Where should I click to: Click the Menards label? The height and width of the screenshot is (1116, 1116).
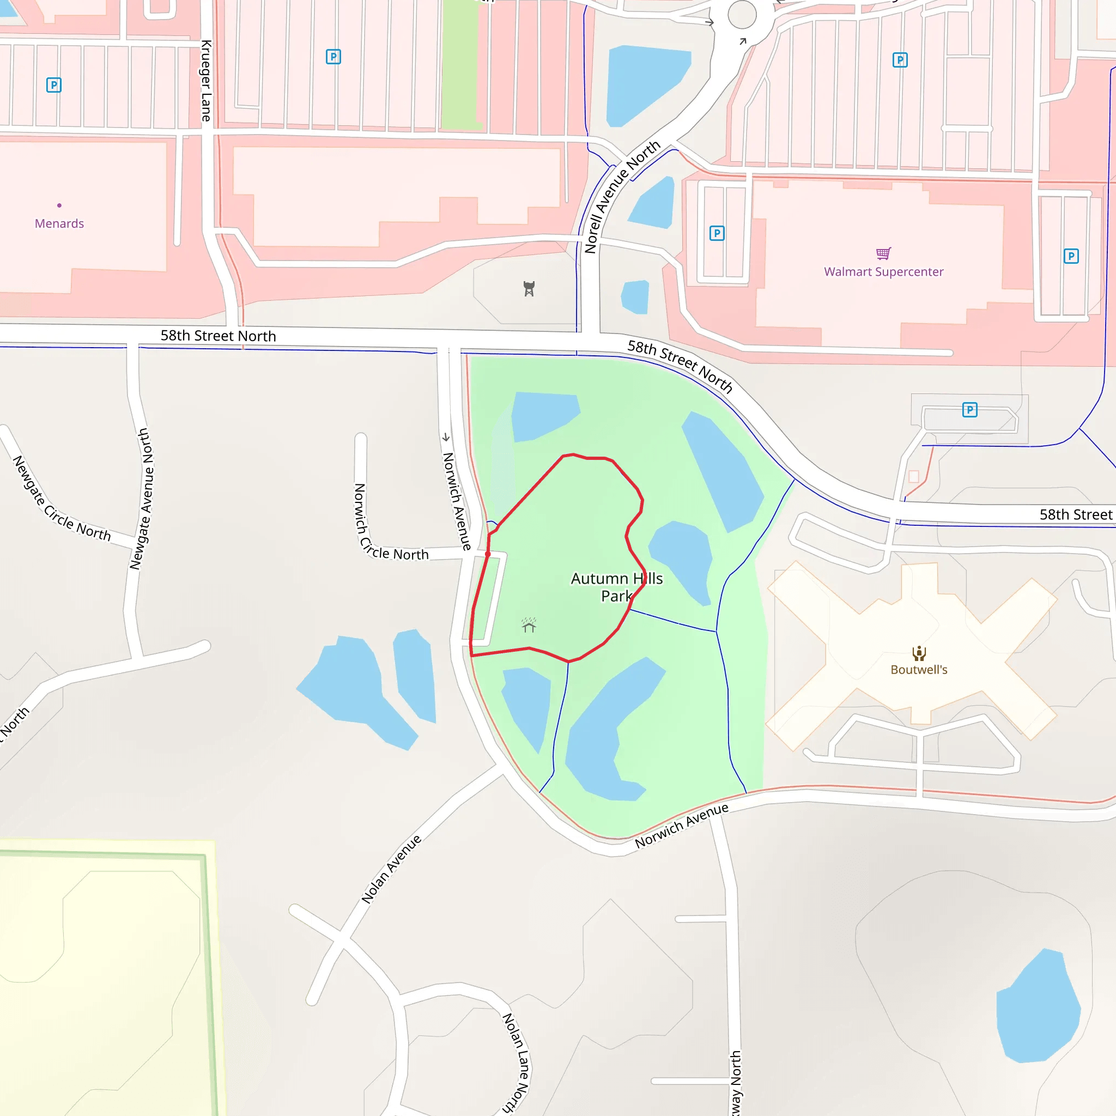coord(59,223)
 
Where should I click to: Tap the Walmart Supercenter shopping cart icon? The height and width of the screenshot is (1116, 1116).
coord(883,253)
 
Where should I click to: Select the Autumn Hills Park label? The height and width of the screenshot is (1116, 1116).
coord(616,587)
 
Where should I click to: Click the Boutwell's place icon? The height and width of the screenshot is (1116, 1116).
coord(918,653)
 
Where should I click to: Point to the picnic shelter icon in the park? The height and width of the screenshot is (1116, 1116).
coord(529,625)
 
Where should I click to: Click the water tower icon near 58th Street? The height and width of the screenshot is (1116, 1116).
coord(529,288)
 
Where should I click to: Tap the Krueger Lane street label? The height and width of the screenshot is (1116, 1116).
coord(206,81)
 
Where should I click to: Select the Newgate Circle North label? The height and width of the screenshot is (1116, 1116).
coord(61,500)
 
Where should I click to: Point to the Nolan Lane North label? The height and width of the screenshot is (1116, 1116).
coord(516,1063)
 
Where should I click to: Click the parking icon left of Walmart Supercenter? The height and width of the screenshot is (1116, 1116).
coord(716,233)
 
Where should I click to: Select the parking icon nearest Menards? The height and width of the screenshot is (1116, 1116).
coord(54,86)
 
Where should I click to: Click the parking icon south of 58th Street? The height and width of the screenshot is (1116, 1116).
coord(969,410)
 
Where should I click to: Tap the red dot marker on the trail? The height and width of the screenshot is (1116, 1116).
coord(488,554)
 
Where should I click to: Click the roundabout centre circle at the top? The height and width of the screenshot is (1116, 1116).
coord(742,15)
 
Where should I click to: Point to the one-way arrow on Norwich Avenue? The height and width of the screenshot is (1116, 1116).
coord(446,437)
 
